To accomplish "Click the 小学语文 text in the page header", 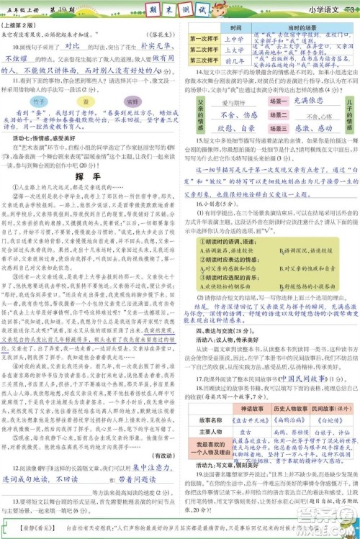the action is pos(323,10).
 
